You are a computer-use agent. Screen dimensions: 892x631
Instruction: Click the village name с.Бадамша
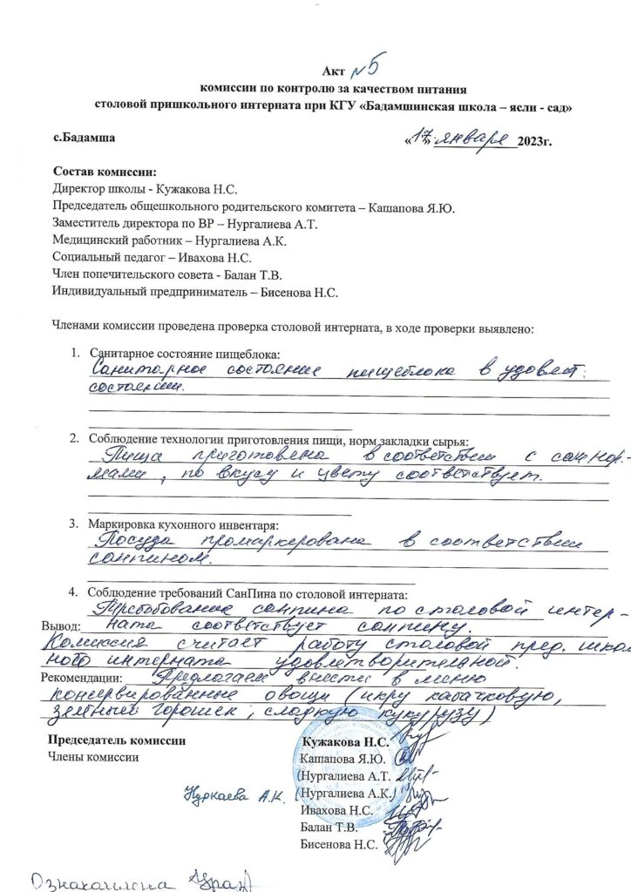[84, 137]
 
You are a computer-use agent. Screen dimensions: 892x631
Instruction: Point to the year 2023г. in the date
[535, 141]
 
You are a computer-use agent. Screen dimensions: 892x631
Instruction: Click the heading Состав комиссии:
[105, 172]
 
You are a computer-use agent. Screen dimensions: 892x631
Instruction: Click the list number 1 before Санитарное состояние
[75, 355]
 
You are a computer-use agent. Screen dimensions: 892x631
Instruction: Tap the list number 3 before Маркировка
[75, 524]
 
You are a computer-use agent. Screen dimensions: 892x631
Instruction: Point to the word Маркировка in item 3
[122, 524]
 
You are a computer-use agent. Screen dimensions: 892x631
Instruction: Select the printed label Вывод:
[61, 625]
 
